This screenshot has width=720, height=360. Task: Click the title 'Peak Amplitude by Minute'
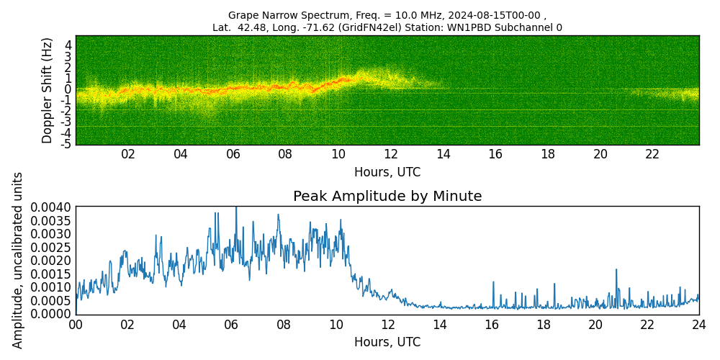(387, 197)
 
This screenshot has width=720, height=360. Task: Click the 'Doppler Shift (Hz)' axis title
(48, 90)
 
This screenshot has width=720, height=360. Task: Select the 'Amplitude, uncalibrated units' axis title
(18, 260)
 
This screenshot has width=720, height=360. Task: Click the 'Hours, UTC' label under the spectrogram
(387, 173)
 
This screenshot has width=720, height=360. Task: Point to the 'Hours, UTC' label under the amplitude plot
(387, 342)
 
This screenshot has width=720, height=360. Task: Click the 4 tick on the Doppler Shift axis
(67, 45)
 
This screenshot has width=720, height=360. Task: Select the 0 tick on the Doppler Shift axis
(67, 89)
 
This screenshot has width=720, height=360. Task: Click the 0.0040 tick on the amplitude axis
(50, 207)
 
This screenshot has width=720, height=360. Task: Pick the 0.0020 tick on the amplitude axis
(50, 261)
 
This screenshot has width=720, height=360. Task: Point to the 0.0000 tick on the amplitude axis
(50, 314)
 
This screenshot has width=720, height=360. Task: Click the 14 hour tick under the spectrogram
(443, 154)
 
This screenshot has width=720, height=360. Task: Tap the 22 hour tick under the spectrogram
(652, 154)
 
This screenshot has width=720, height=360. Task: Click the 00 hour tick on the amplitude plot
(76, 325)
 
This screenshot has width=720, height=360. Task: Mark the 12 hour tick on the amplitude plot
(387, 325)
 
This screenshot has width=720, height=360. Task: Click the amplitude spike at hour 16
(493, 282)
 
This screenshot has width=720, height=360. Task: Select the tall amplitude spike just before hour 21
(616, 270)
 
